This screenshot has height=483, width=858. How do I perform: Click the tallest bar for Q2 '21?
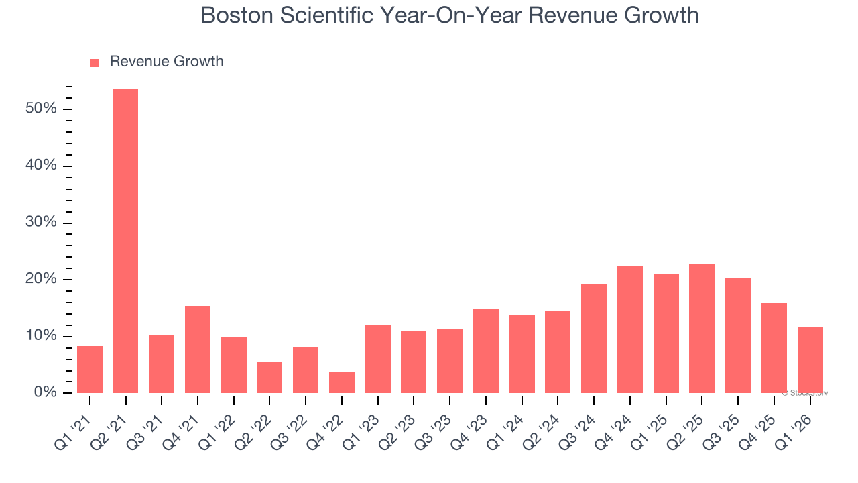125,241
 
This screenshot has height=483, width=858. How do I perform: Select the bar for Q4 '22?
342,382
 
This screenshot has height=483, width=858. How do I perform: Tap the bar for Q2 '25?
702,328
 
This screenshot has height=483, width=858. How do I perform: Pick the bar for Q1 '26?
810,360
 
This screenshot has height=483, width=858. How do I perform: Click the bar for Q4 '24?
630,329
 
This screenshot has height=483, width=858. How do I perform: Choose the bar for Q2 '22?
269,378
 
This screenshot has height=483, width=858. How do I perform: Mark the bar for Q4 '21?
198,350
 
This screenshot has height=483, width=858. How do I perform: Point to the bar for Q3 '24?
594,338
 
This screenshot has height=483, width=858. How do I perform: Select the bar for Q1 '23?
378,359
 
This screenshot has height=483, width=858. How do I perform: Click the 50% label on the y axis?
41,109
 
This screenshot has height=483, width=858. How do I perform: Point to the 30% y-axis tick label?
41,222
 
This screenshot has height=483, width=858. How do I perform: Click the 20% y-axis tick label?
41,279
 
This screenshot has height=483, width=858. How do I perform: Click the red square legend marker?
95,62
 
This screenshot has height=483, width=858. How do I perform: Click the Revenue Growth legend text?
166,62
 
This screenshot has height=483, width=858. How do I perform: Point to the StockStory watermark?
805,393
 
